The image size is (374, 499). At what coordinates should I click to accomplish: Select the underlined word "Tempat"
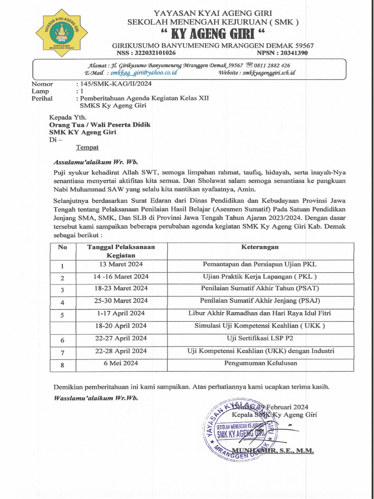tap(87, 147)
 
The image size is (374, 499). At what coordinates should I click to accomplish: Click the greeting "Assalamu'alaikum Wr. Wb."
tap(95, 162)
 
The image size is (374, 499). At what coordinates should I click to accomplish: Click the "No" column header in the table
tap(62, 247)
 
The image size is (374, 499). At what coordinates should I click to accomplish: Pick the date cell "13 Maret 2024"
tap(121, 264)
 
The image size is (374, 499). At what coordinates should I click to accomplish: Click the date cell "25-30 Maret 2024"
tap(121, 301)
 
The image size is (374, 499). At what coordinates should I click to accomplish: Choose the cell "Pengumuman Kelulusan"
tap(260, 363)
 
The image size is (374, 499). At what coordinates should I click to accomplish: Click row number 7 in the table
tap(62, 352)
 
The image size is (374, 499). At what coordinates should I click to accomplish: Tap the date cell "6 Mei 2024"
tap(121, 363)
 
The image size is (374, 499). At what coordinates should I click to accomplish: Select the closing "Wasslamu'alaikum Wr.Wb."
tap(95, 398)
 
